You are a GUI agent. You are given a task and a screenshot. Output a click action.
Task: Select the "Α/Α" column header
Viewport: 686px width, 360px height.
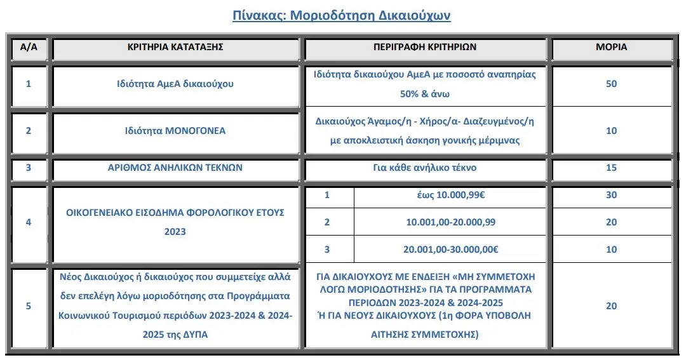pos(28,47)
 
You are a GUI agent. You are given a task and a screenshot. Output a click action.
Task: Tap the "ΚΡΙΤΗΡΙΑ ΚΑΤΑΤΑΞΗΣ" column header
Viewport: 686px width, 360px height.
pos(175,47)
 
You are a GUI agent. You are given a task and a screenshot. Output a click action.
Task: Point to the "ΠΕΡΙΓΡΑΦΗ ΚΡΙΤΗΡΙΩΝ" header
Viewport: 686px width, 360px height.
pos(425,47)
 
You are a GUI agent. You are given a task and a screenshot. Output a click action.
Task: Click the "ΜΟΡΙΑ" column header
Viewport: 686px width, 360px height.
pos(611,47)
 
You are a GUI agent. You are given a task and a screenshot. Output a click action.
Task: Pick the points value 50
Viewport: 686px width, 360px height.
pos(611,84)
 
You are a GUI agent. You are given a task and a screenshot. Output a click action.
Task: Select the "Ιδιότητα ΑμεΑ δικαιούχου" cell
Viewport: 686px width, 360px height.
pos(175,84)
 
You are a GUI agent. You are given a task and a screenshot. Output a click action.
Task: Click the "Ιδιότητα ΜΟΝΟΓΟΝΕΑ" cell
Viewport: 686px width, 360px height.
pos(175,131)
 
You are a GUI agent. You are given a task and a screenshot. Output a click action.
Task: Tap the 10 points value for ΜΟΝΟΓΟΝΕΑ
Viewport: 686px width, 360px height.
pos(611,131)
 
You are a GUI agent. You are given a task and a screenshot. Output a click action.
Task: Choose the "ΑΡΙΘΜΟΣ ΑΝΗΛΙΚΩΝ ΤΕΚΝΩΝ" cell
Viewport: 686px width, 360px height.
pos(175,168)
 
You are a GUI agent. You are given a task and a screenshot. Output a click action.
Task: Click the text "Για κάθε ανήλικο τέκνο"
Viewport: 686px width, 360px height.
pos(425,168)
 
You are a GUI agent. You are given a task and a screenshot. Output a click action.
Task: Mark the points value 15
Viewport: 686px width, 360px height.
pos(611,168)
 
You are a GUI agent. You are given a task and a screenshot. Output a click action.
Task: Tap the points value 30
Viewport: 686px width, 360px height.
pos(611,195)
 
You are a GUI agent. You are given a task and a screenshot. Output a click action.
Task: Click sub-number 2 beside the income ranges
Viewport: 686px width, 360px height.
pos(328,222)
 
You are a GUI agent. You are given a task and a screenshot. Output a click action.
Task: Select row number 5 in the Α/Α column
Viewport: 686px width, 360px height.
pos(28,306)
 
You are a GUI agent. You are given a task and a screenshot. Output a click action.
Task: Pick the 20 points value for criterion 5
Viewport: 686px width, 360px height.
pos(611,306)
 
